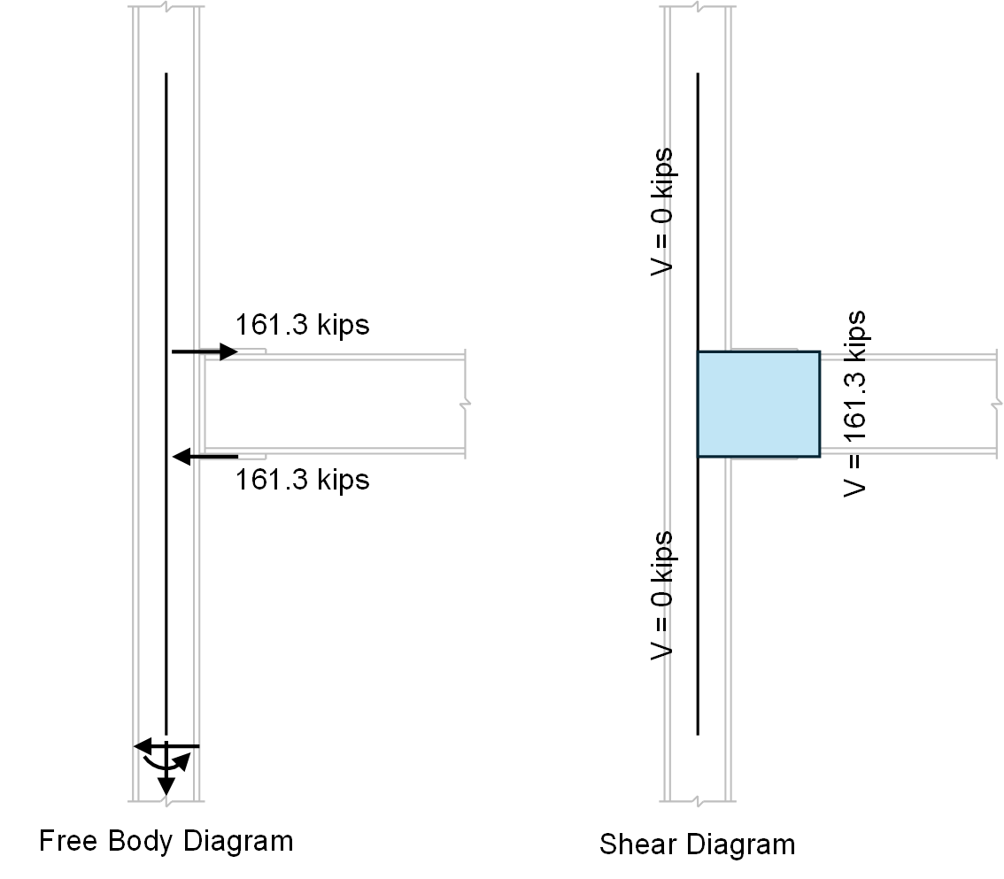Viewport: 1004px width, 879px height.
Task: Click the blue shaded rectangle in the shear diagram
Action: point(758,404)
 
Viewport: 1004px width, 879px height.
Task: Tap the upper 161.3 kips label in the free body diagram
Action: point(302,325)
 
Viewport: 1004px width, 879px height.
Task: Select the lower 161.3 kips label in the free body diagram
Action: point(302,480)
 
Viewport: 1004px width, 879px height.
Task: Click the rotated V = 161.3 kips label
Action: point(854,404)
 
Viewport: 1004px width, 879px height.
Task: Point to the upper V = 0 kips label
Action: point(661,212)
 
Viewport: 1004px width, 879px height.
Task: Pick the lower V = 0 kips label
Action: point(661,595)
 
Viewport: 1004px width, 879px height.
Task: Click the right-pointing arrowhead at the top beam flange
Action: point(228,352)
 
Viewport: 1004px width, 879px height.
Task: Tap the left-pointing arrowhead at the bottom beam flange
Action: point(181,457)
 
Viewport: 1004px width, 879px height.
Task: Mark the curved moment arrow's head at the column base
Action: point(182,759)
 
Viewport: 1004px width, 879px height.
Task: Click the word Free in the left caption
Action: point(68,840)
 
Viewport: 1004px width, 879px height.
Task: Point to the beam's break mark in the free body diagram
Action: point(465,404)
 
